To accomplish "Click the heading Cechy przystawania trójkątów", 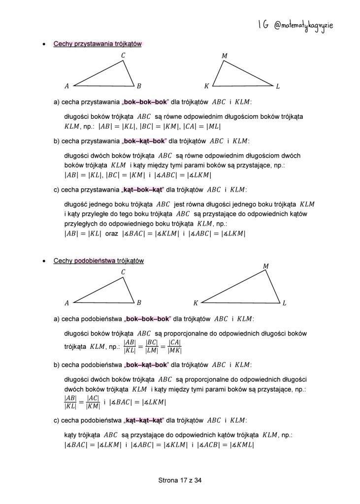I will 98,44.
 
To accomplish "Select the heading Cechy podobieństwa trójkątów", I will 98,261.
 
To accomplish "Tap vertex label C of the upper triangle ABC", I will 123,56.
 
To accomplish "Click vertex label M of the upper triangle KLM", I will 225,56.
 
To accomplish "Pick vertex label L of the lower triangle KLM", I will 284,302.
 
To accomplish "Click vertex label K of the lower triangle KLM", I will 196,302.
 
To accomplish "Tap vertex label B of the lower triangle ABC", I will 139,302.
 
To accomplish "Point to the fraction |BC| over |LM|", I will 152,346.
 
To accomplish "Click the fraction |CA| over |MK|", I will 175,346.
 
